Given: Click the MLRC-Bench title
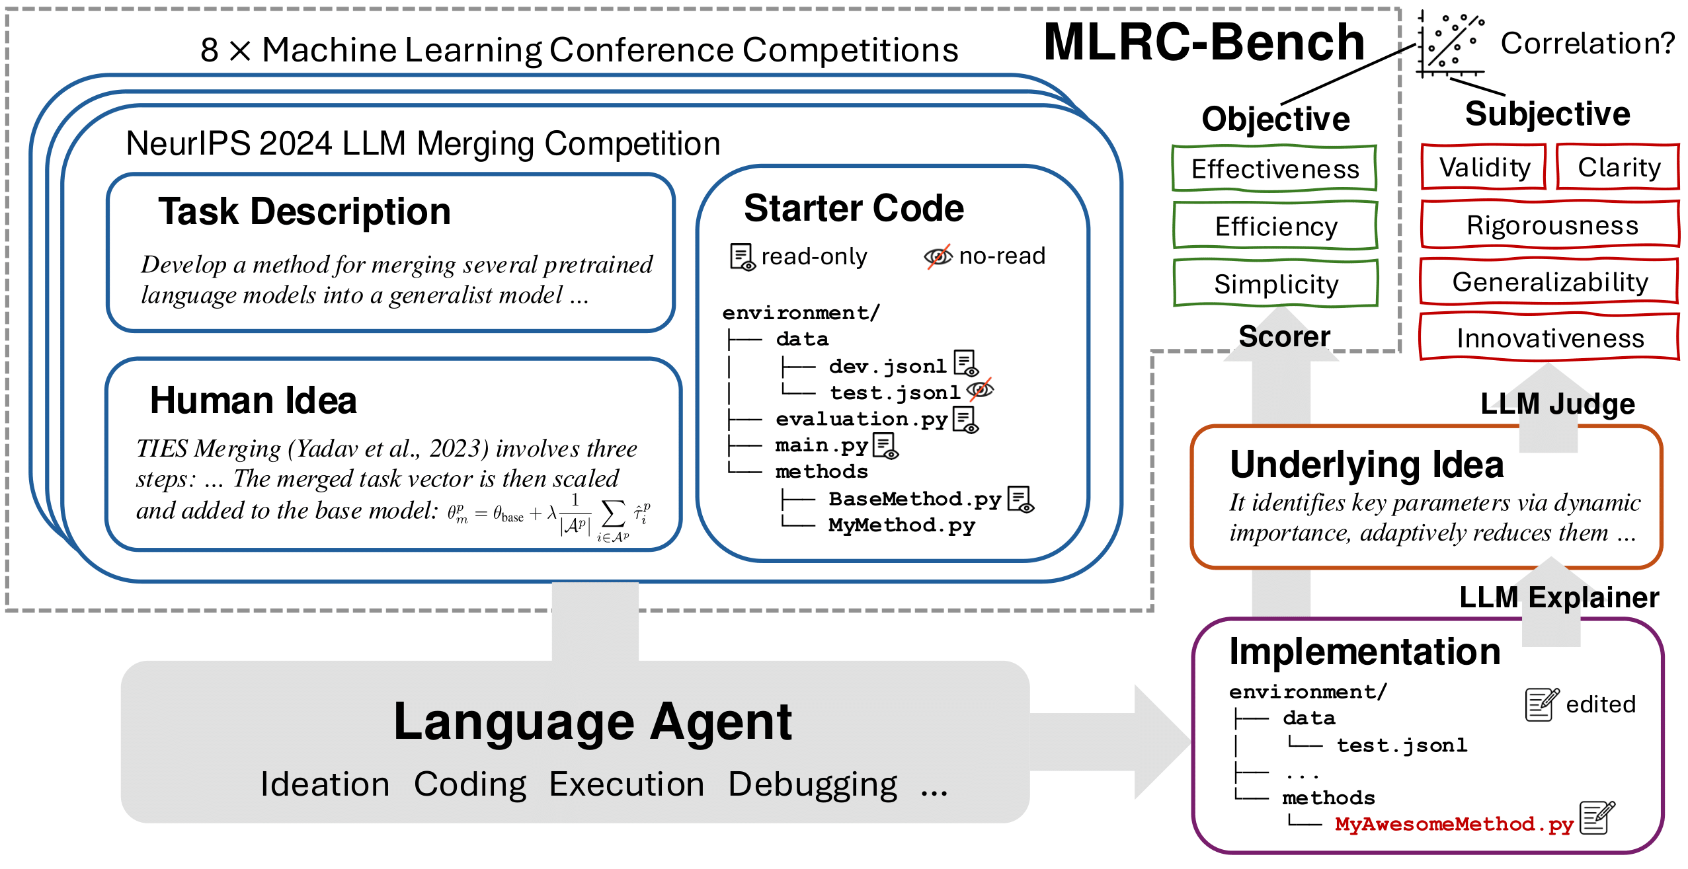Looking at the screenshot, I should [x=1204, y=42].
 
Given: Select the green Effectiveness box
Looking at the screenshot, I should [x=1274, y=169].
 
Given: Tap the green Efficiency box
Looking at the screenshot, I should [x=1275, y=227].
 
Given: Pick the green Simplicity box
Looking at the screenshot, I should [x=1275, y=284].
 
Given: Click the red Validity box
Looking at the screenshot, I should [x=1484, y=167].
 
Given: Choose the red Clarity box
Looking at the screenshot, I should [x=1618, y=167].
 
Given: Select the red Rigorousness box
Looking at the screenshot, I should [x=1550, y=225].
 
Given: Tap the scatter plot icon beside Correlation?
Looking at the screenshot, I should [x=1451, y=44].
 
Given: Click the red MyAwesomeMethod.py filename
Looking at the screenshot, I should [x=1453, y=824].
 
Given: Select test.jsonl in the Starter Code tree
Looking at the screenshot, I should [x=894, y=393].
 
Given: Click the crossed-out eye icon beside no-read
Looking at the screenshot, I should [x=938, y=256].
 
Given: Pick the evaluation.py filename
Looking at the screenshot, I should [x=861, y=419].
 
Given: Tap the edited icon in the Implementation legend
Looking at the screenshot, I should [x=1541, y=704].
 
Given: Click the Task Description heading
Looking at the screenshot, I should [x=304, y=212].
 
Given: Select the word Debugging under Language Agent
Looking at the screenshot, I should [x=812, y=784].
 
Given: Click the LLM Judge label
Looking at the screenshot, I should [x=1556, y=404].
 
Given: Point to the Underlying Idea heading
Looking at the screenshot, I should [x=1366, y=465].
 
